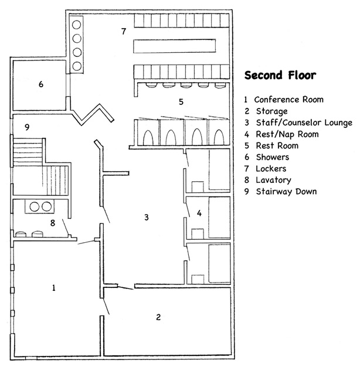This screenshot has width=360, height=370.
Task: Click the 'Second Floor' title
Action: click(280, 76)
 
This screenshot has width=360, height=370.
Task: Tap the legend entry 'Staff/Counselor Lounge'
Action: click(304, 123)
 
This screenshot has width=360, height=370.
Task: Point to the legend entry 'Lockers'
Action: click(273, 168)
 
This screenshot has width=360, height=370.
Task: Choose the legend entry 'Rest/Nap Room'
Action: click(287, 134)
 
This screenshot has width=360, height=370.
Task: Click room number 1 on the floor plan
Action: click(54, 288)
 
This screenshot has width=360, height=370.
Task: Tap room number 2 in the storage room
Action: click(158, 317)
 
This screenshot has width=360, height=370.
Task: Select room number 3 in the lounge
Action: click(146, 218)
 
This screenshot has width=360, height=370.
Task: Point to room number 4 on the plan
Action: click(199, 213)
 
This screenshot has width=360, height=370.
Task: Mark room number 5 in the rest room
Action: click(181, 101)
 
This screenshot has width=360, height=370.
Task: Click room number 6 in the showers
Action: click(41, 84)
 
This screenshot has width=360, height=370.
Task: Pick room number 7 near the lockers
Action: click(124, 31)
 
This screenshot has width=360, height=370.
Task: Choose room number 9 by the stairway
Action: click(27, 127)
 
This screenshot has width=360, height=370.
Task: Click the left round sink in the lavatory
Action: click(33, 206)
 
